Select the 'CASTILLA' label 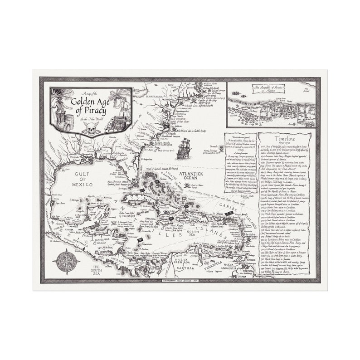(x=187, y=268)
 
